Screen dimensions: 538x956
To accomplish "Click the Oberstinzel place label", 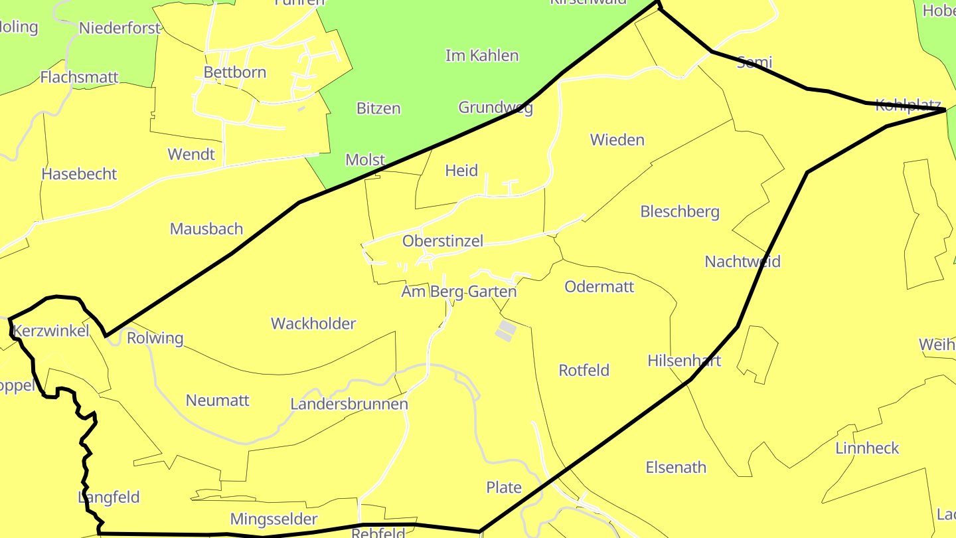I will pos(443,241).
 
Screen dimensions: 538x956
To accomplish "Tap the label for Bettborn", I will pos(235,72).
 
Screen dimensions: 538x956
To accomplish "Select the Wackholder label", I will pos(313,323).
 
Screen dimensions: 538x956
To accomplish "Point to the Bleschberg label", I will pos(680,212).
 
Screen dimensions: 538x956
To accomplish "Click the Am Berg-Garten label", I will pos(459,292).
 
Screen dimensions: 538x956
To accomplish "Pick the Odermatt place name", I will pos(599,286).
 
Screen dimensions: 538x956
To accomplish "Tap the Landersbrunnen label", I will pos(349,404).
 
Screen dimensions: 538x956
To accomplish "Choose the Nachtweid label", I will pos(742,261).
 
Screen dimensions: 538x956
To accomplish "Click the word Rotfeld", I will pos(584,370).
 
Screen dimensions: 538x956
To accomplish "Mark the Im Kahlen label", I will pos(482,55).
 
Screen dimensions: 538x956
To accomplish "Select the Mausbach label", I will pos(206,229).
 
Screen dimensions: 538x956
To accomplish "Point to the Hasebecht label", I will pos(79,174).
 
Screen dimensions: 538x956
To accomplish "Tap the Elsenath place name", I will pos(676,468).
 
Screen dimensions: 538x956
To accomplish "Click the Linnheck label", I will pos(867,448).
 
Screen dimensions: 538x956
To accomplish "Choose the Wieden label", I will pos(617,140).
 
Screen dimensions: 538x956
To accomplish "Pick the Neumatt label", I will pos(218,401).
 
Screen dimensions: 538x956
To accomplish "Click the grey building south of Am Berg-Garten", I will pos(506,331).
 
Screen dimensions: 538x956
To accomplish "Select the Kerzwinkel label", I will pos(51,331).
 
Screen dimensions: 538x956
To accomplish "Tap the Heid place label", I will pos(461,171).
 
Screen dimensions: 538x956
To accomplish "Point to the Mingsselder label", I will pos(274,519).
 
